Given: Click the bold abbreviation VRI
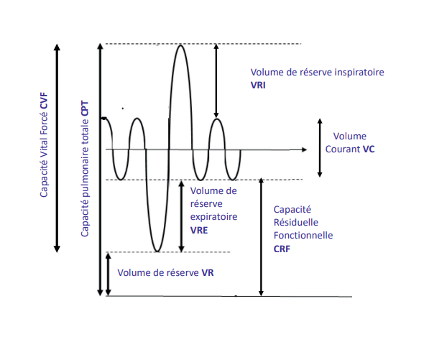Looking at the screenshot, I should click(259, 86).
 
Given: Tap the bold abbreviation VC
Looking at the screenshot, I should click(369, 149).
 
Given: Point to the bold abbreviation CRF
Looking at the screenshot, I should click(282, 248).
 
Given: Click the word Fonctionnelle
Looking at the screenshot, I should click(303, 235).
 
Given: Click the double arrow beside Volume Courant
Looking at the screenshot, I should click(320, 148).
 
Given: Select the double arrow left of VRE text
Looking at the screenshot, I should click(181, 215).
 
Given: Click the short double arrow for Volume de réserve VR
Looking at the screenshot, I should click(108, 274).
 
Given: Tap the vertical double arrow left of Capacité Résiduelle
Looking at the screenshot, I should click(260, 237).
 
